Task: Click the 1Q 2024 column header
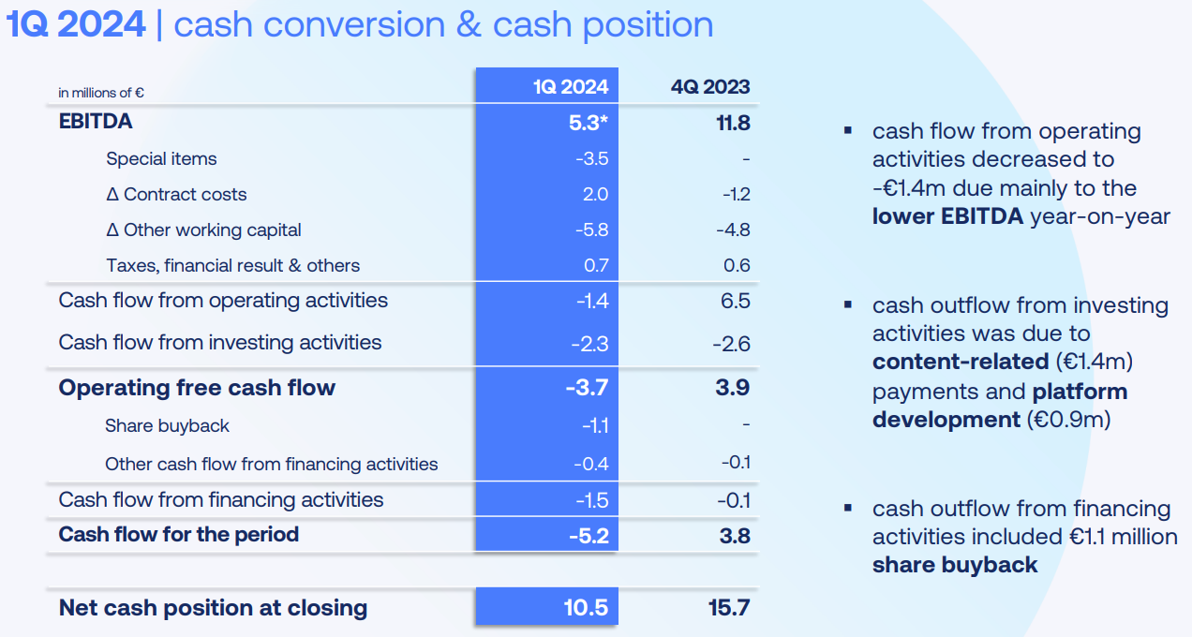point(571,87)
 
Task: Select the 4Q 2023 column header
point(710,87)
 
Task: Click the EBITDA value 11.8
point(732,123)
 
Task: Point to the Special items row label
point(161,158)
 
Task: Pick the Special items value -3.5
point(591,158)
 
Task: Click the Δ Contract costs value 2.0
point(595,194)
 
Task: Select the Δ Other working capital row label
point(203,230)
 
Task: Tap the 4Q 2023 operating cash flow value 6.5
point(737,301)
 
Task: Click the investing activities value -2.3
point(589,344)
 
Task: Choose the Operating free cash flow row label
point(197,388)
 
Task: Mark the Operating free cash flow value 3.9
point(733,388)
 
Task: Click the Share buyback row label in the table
point(167,425)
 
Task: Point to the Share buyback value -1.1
point(594,426)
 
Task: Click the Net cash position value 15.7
point(730,608)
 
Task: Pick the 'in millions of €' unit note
point(101,93)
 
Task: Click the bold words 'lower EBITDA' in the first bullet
point(947,216)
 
